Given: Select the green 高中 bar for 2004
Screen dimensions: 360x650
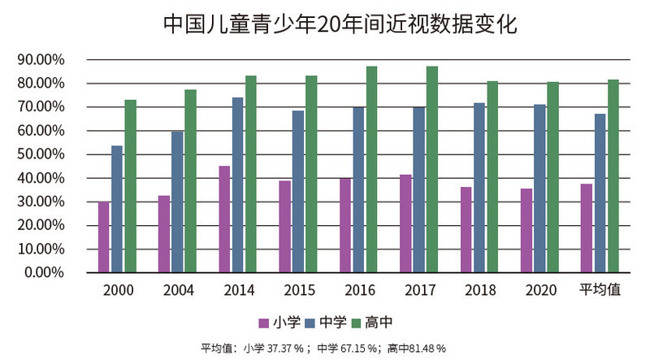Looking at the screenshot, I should coord(190,180).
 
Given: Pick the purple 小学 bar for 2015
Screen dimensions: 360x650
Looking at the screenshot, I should coord(284,226).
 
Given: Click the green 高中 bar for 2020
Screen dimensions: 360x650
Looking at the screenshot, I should coord(552,176).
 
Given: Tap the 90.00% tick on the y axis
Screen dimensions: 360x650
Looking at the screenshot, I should coord(41,59).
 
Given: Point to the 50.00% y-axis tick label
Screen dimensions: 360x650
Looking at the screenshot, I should coord(41,154).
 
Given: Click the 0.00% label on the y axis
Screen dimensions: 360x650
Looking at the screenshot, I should coord(44,271).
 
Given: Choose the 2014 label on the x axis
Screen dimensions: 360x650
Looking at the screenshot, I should coord(238,290).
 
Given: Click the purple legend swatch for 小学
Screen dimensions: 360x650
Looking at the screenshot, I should coord(264,323).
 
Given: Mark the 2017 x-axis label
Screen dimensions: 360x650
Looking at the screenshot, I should coord(419,290).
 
